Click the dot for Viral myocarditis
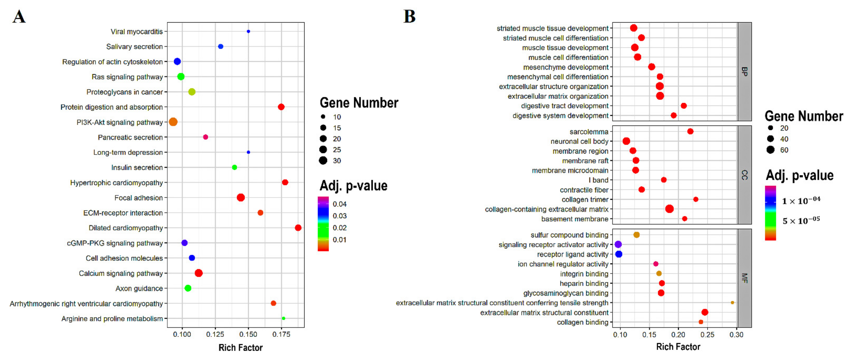coord(248,32)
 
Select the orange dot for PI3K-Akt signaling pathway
coord(173,122)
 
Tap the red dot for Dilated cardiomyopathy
coord(298,228)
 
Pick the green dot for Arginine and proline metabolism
coord(283,318)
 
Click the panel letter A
coord(19,17)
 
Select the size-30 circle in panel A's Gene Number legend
coord(323,161)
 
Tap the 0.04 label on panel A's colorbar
coord(340,204)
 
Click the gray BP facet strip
coord(745,71)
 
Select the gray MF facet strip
coord(745,278)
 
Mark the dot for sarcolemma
coord(690,131)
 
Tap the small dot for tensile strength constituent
coord(732,303)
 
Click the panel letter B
coord(409,17)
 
